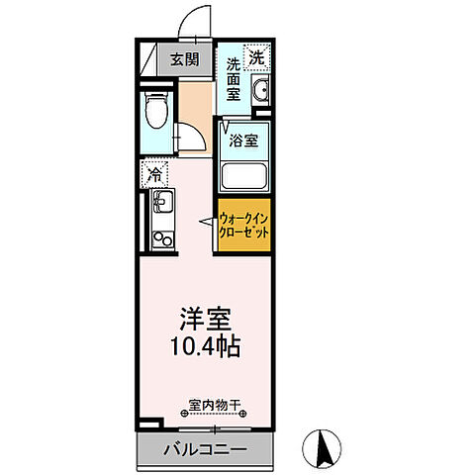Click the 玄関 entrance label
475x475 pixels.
coord(184,58)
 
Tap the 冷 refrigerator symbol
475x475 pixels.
coord(155,175)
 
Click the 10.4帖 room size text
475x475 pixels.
coord(205,348)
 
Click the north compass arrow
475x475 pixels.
coord(324,448)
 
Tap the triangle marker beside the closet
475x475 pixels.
coord(209,226)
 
